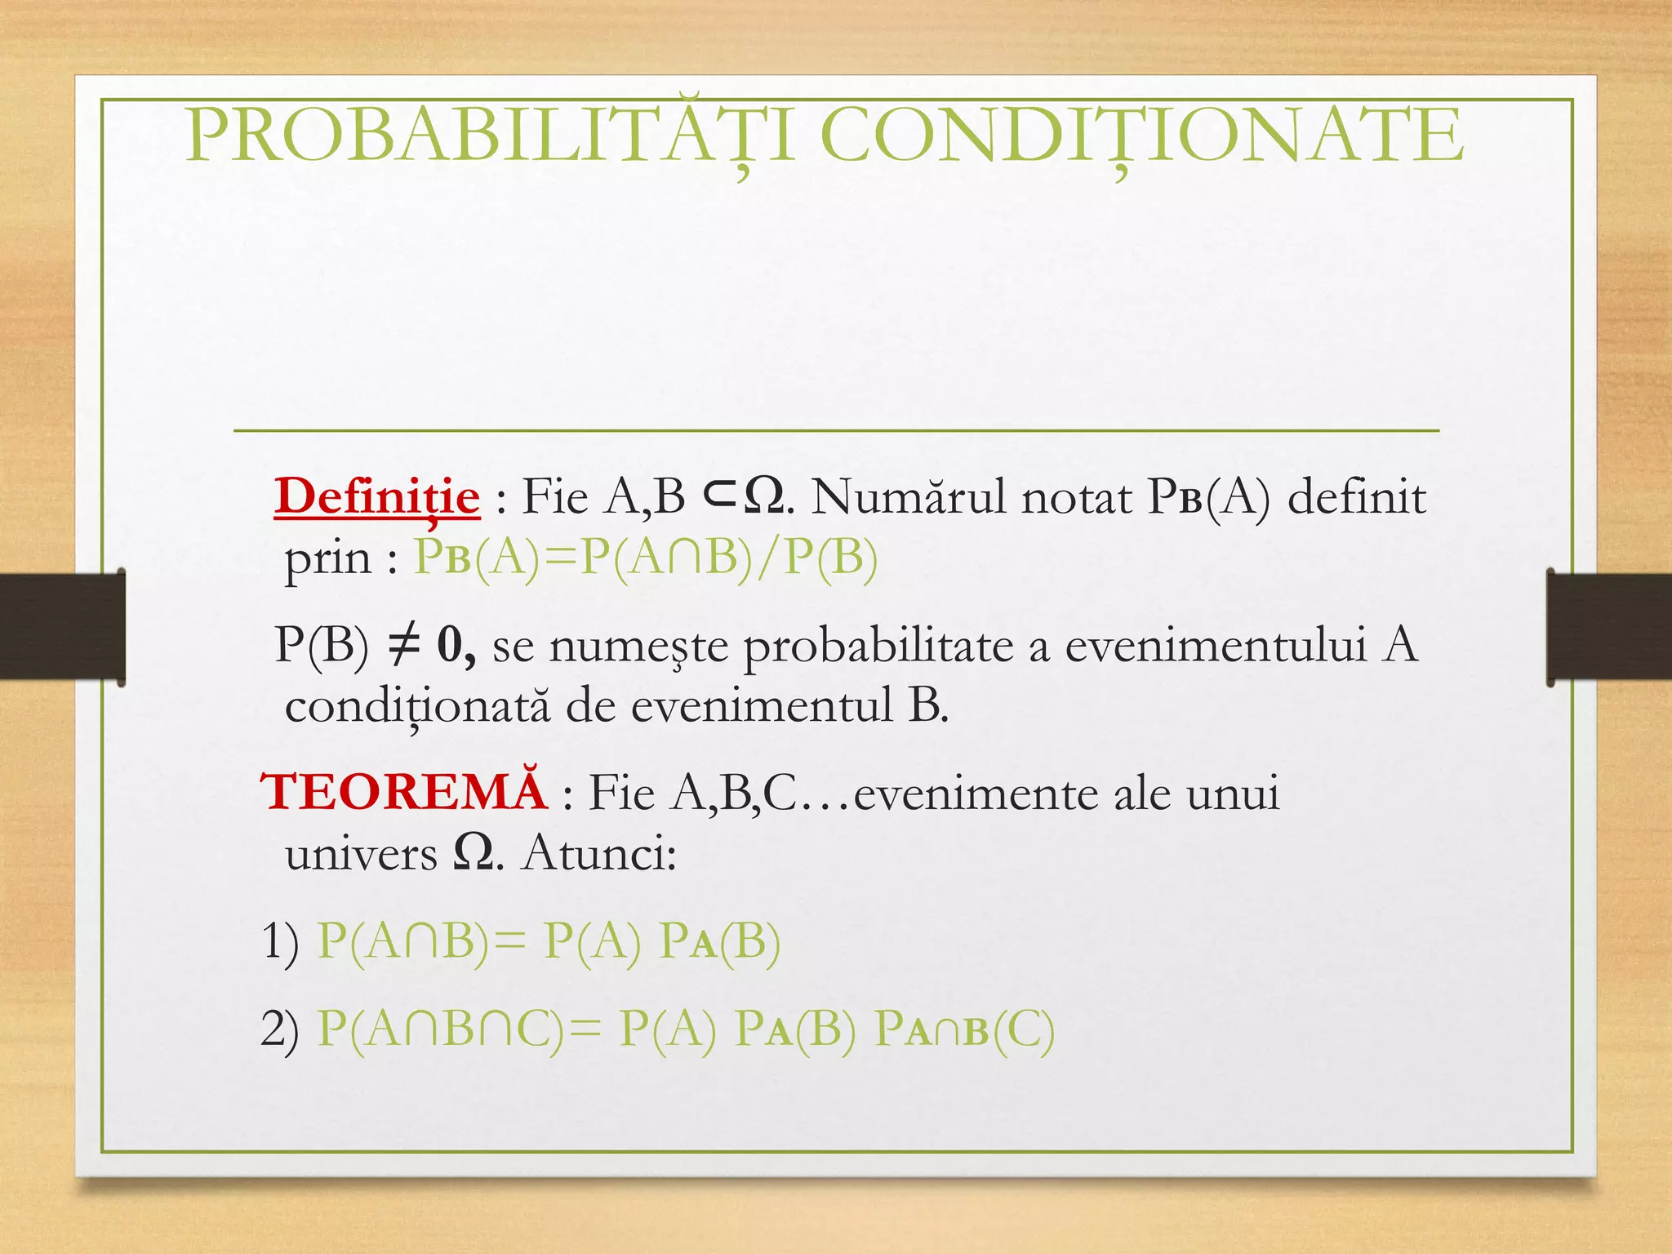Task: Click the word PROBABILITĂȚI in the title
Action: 490,135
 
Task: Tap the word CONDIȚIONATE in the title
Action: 1141,135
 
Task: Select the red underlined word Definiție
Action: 377,496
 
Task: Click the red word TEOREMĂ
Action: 404,792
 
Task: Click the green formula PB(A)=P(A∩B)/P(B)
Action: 646,558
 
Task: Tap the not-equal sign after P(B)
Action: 402,645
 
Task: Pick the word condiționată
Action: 417,706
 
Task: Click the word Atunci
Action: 598,854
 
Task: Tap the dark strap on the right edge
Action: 1608,626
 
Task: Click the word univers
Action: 361,854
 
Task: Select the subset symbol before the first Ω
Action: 720,496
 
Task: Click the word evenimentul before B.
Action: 762,706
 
